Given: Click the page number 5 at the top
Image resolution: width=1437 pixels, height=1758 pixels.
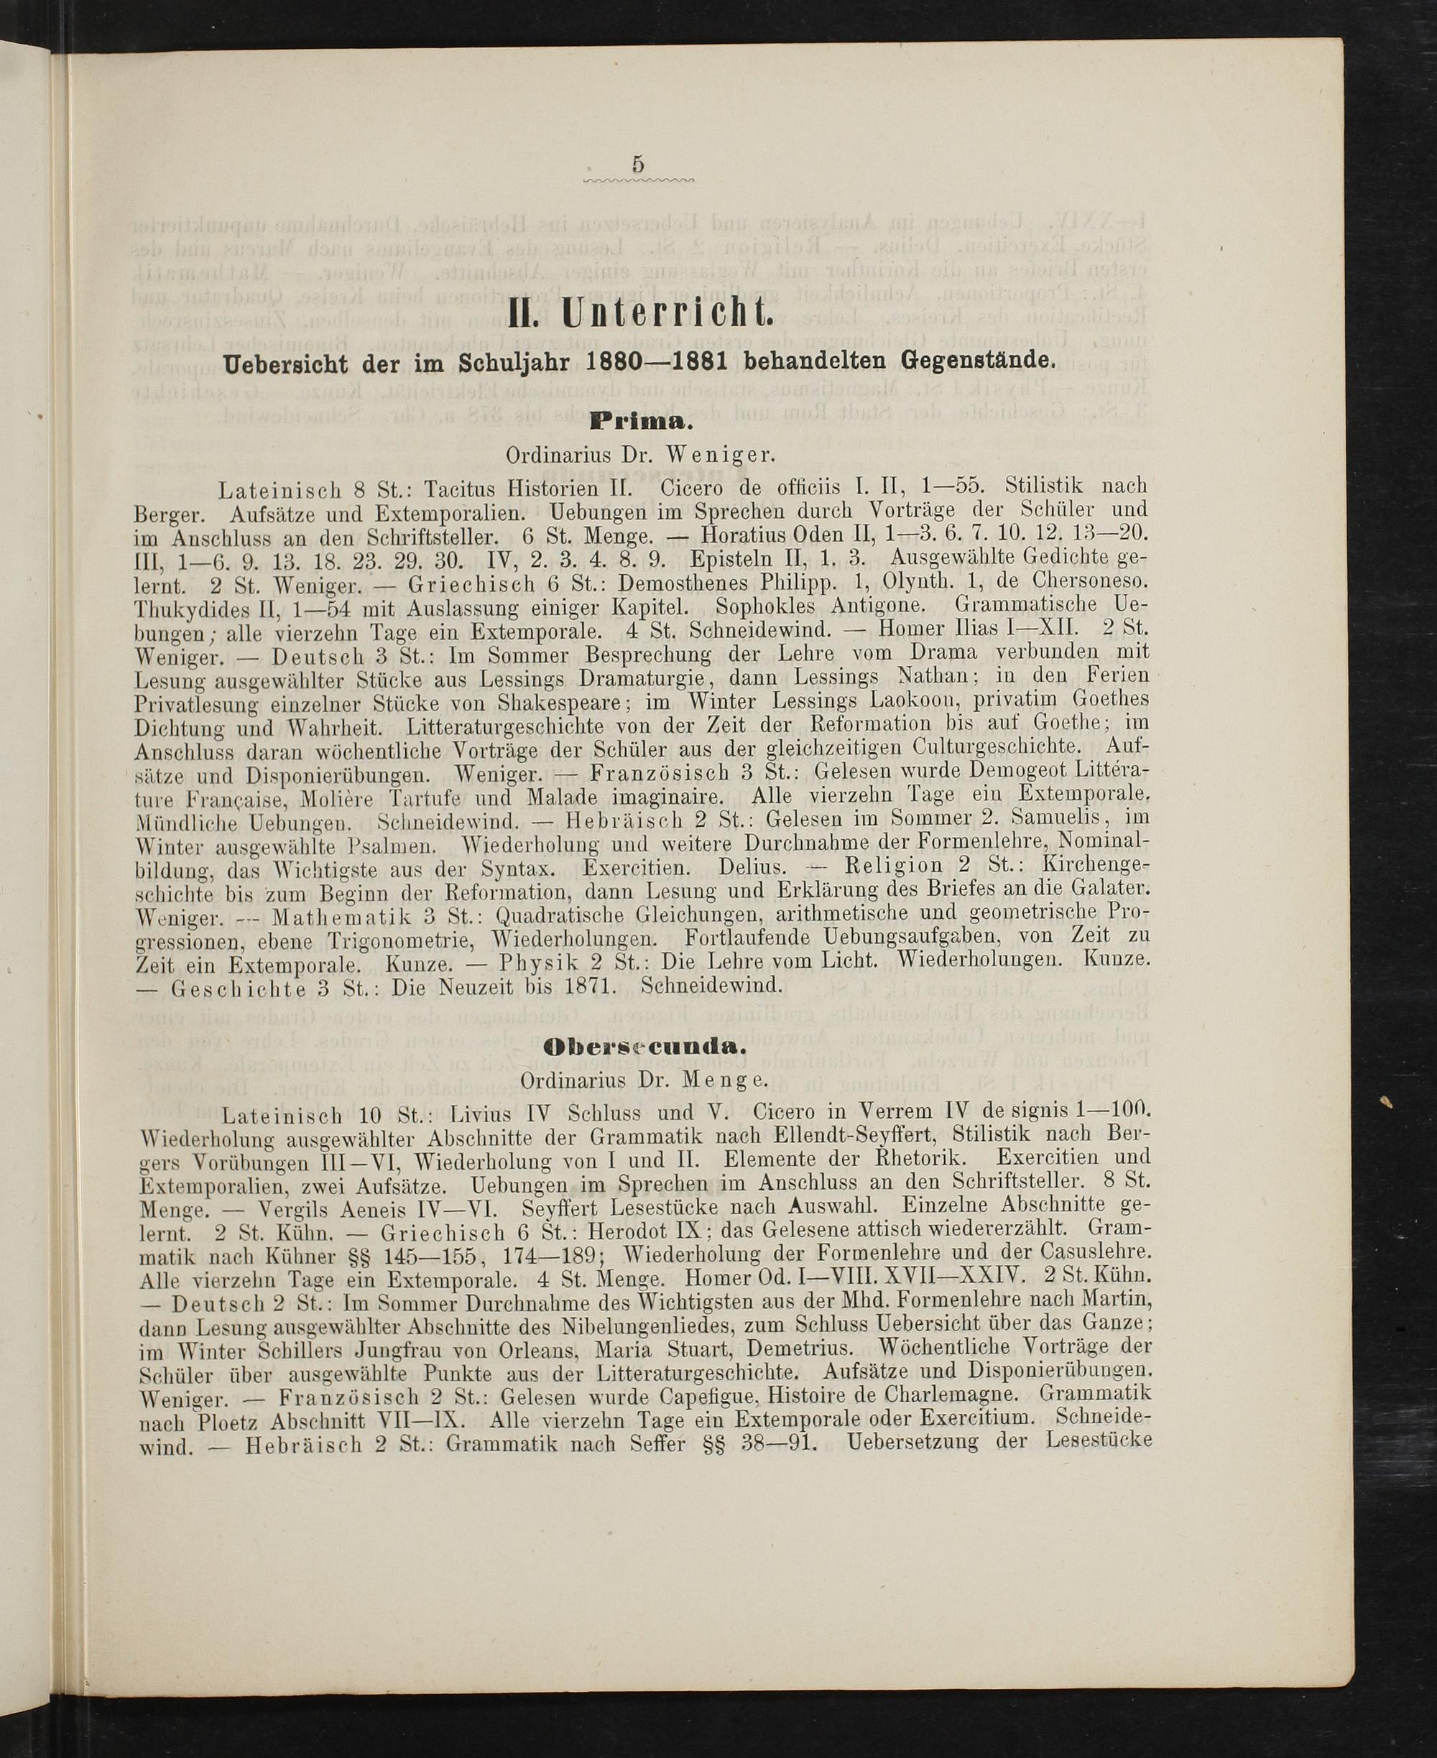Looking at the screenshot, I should tap(637, 165).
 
